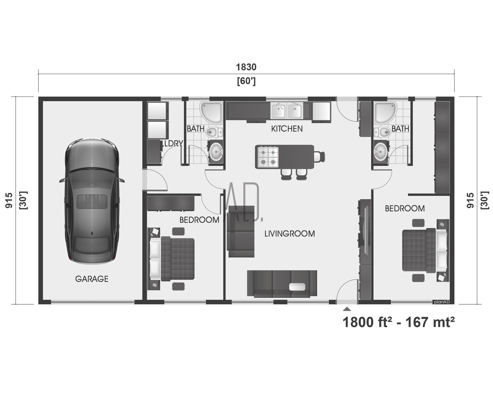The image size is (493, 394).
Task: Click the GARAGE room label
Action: tap(92, 279)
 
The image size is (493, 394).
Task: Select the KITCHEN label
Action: tap(287, 129)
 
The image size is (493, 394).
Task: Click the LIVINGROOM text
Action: tap(290, 234)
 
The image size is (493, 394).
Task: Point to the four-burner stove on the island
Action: tap(268, 157)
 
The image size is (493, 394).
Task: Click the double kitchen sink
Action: tap(287, 110)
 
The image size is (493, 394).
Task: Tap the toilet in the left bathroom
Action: tap(214, 132)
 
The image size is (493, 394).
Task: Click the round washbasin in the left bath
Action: tap(215, 151)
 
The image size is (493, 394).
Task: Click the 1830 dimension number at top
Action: tap(246, 67)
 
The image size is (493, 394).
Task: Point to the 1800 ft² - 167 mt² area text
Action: tap(398, 323)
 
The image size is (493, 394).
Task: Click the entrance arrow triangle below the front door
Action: tap(347, 309)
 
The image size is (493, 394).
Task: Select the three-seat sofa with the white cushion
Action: tap(282, 284)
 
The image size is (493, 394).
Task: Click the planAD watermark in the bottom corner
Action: tap(442, 302)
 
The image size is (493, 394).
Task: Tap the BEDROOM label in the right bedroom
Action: tap(405, 208)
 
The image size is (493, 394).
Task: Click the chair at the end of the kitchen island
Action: tap(319, 157)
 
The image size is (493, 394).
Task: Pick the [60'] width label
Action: tap(246, 81)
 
